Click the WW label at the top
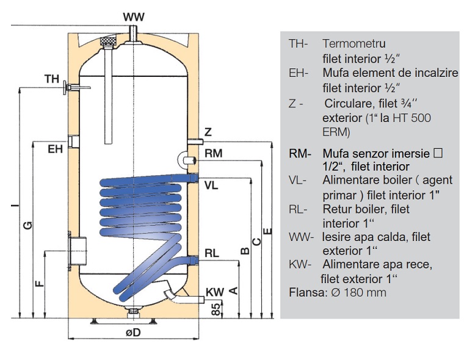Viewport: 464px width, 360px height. (134, 16)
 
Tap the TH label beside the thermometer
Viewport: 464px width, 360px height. (52, 79)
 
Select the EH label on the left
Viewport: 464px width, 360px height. (56, 149)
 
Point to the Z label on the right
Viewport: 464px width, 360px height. (208, 132)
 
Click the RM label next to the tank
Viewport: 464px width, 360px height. (213, 154)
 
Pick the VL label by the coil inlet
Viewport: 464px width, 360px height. (212, 185)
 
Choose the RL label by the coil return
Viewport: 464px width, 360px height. (212, 253)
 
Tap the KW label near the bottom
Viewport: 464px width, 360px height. (214, 292)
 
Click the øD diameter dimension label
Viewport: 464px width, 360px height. (133, 333)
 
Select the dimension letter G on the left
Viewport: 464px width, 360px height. (27, 226)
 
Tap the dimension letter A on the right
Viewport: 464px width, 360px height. (232, 290)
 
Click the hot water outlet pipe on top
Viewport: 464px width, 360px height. (134, 32)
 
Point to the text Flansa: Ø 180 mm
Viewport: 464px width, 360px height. (337, 293)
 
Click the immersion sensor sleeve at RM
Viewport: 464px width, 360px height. (186, 159)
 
